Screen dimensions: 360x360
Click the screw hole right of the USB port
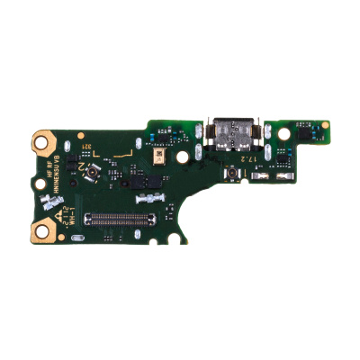coord(283,132)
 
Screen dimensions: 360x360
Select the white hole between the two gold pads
coord(43,186)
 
